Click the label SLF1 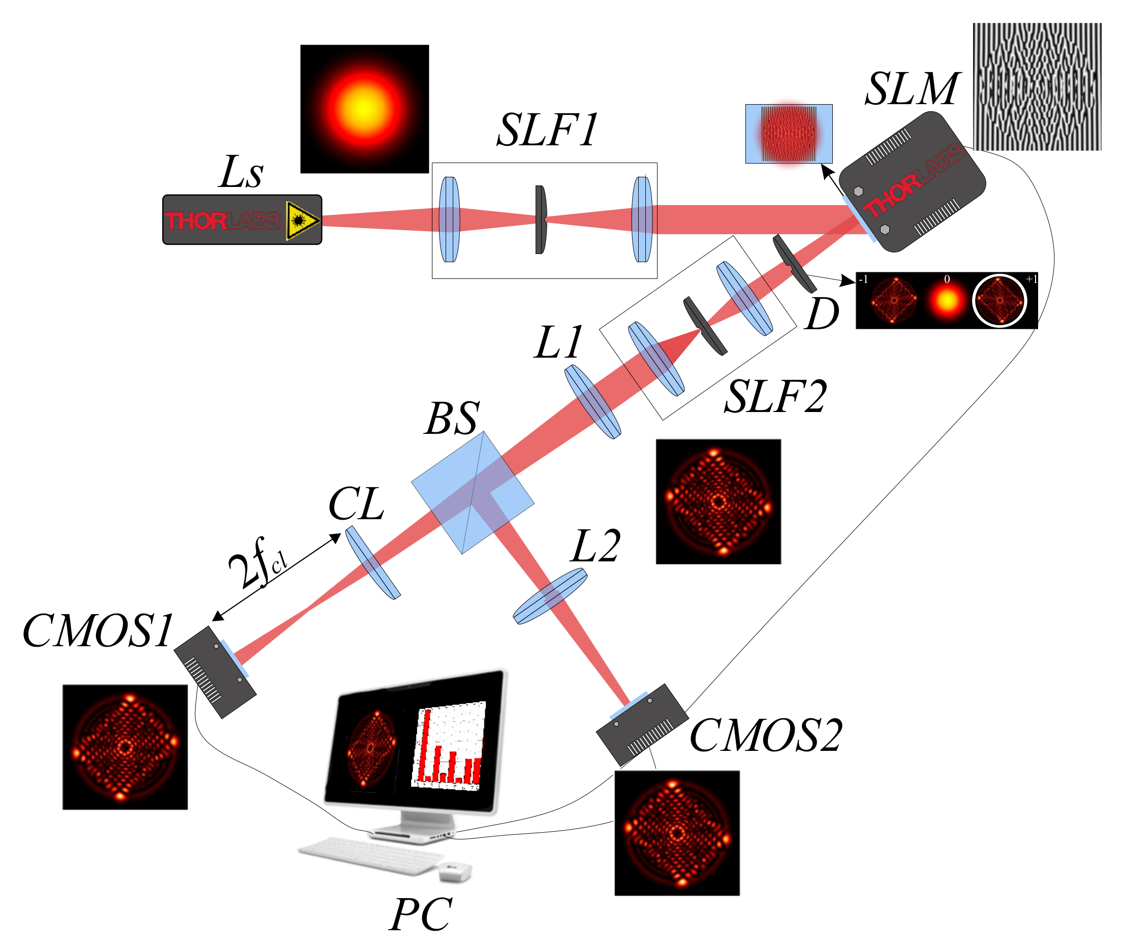(x=547, y=130)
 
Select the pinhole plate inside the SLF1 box (x=540, y=219)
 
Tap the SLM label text (x=912, y=89)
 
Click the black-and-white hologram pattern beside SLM (x=1036, y=86)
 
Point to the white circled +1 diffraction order (x=999, y=301)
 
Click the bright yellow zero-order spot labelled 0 (x=947, y=301)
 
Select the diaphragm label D (x=822, y=314)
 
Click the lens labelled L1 (x=592, y=402)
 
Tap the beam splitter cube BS (x=473, y=493)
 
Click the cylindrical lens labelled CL (x=372, y=563)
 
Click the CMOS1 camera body (x=214, y=673)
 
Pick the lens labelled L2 (x=549, y=596)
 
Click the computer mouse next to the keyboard (x=455, y=871)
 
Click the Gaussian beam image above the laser (x=364, y=109)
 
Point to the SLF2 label (x=774, y=397)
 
